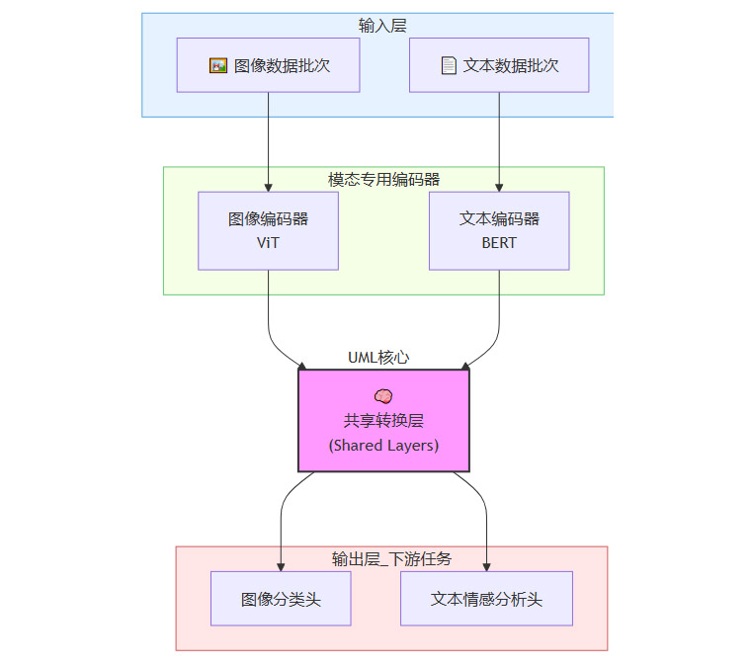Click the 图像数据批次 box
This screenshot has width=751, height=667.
268,65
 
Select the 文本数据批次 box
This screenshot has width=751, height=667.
499,65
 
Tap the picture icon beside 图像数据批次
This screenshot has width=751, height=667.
218,65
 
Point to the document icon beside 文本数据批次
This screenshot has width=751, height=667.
449,65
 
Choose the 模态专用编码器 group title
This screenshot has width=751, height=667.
383,179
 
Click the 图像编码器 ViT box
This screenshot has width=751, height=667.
268,230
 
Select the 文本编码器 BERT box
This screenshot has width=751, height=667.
499,230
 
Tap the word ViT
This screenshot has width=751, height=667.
268,243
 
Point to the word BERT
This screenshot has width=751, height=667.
499,243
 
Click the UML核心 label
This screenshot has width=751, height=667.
378,357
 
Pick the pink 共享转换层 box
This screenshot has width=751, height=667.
383,420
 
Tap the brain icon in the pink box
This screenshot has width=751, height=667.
383,395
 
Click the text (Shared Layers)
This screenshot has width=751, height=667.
383,446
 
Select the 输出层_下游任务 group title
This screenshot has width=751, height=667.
391,558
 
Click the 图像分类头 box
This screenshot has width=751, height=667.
281,599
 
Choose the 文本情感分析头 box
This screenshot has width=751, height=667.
486,599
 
